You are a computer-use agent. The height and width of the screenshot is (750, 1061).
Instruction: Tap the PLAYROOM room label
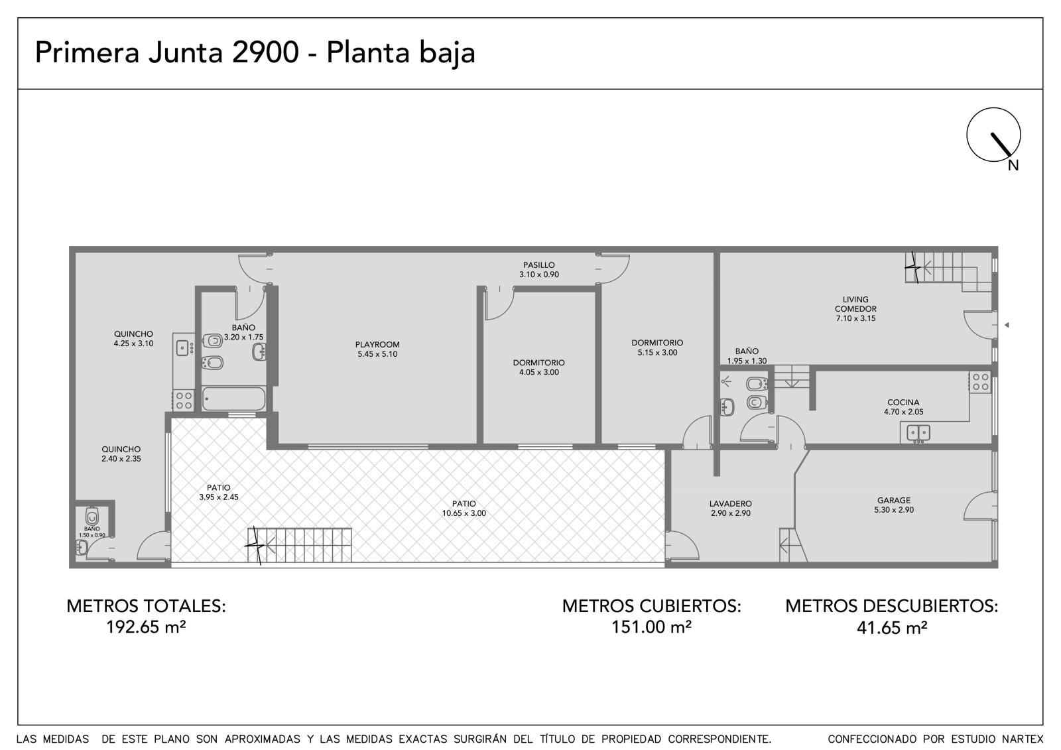pyautogui.click(x=377, y=344)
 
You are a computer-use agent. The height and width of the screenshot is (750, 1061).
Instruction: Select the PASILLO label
pyautogui.click(x=538, y=265)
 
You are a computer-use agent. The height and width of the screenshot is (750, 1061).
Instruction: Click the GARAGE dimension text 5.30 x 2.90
pyautogui.click(x=894, y=510)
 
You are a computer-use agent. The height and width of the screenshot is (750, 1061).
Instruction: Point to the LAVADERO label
pyautogui.click(x=730, y=503)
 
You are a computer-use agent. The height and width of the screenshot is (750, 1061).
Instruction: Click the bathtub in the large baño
pyautogui.click(x=233, y=399)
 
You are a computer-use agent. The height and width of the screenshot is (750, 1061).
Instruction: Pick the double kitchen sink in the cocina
pyautogui.click(x=918, y=432)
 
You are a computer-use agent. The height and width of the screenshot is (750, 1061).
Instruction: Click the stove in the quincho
pyautogui.click(x=184, y=401)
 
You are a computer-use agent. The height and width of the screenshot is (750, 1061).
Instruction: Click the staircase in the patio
pyautogui.click(x=299, y=545)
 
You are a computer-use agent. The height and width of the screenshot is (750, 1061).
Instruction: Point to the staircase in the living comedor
pyautogui.click(x=948, y=271)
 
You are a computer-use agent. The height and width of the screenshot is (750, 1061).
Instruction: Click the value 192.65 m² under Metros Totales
pyautogui.click(x=146, y=627)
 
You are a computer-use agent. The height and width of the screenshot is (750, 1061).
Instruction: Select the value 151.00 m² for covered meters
pyautogui.click(x=651, y=627)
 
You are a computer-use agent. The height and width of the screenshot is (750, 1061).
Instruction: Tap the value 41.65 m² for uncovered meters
pyautogui.click(x=892, y=628)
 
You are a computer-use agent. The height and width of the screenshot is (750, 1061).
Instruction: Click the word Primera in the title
pyautogui.click(x=87, y=52)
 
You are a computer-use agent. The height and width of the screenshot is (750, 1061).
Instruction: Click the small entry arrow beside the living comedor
pyautogui.click(x=1007, y=325)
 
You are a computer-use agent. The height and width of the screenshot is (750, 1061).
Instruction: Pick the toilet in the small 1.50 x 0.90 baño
pyautogui.click(x=92, y=516)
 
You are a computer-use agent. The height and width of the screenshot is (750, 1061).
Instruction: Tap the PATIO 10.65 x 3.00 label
pyautogui.click(x=464, y=509)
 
